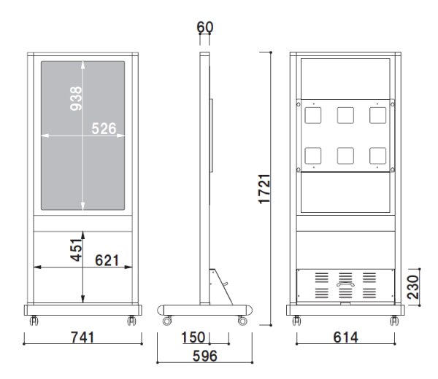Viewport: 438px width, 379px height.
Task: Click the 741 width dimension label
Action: pos(82,337)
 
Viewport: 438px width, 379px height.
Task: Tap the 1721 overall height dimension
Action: pos(264,189)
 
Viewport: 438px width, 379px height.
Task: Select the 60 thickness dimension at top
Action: pos(204,27)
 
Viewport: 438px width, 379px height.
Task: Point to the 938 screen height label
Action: pos(76,98)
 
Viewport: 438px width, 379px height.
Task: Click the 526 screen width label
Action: pos(104,128)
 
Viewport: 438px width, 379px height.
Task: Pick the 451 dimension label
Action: pos(76,250)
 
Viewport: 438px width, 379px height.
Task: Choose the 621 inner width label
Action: pos(107,260)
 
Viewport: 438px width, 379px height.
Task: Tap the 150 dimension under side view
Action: pos(193,337)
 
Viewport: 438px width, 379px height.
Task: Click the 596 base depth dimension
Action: pos(204,356)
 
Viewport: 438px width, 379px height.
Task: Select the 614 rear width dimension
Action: pos(345,337)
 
